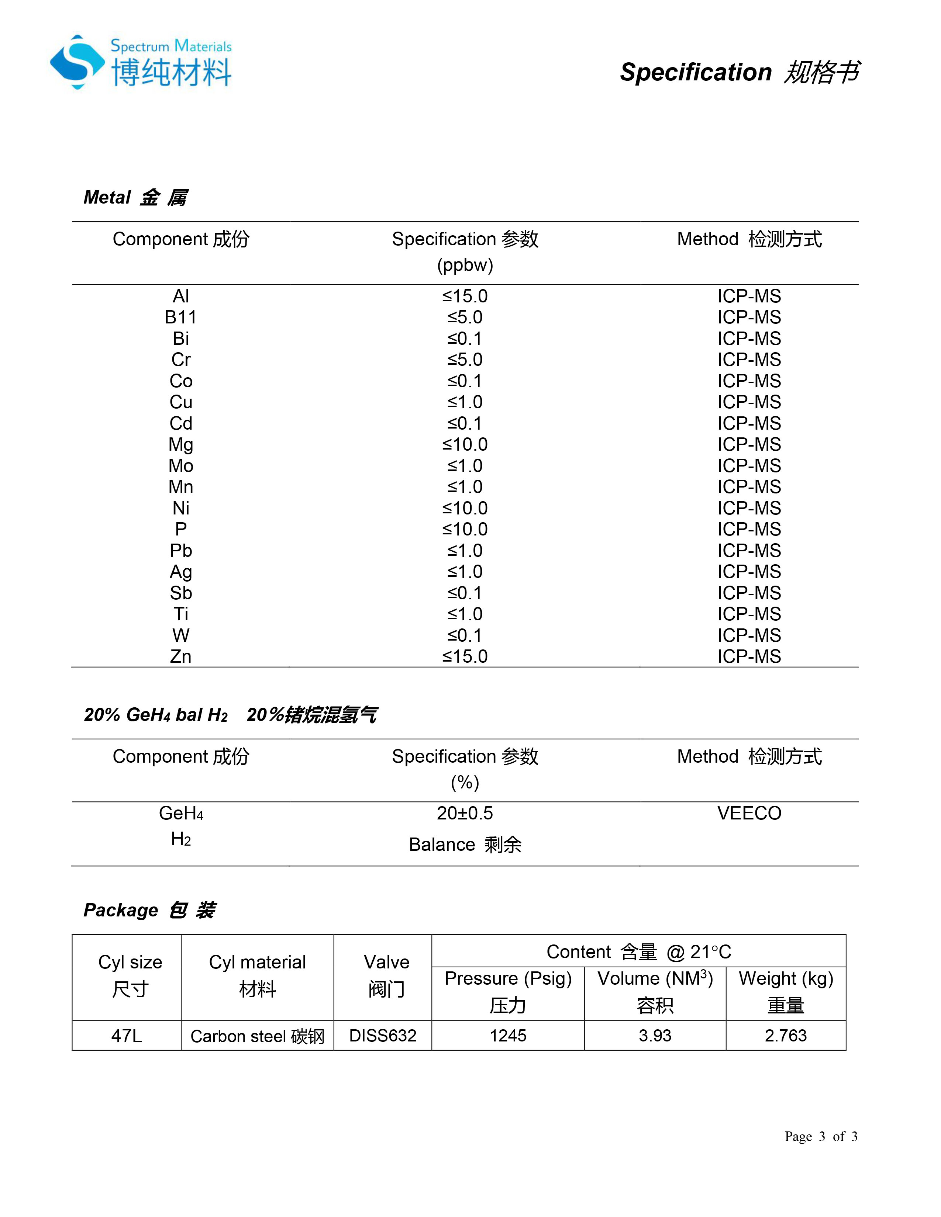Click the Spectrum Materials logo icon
pos(77,62)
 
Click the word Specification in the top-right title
pos(695,72)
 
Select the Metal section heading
pos(135,197)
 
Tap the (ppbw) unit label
pos(465,265)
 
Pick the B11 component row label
pos(180,317)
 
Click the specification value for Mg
pos(465,445)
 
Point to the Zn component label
pos(180,656)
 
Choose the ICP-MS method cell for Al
pos(749,296)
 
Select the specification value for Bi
pos(465,338)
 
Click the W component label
pos(180,635)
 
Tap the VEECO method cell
pos(749,813)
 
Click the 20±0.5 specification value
pos(465,813)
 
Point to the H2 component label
pos(180,839)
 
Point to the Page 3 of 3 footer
pos(821,1136)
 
